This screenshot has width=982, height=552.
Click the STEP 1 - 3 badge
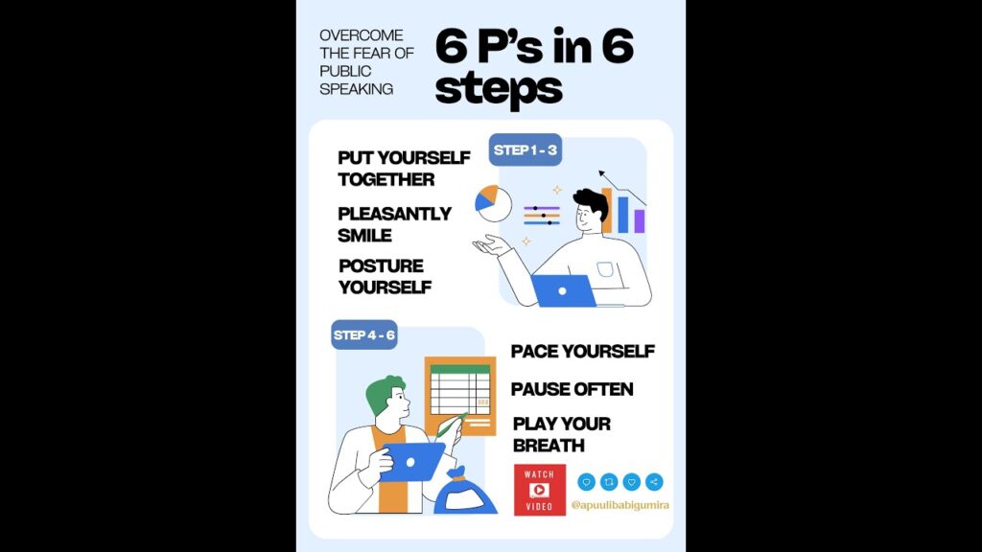(x=525, y=150)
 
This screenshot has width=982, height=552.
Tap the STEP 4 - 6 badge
(x=363, y=334)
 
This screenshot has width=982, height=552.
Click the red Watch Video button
(x=539, y=490)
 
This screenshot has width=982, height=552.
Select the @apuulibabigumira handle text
(x=620, y=505)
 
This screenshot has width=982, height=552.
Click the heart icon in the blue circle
(x=631, y=482)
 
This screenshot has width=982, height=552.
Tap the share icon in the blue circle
(x=654, y=482)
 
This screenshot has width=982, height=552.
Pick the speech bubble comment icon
(x=586, y=482)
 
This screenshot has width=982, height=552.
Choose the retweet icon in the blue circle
(x=609, y=482)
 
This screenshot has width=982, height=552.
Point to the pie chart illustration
(x=493, y=203)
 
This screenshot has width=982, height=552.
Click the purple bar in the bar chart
(x=639, y=221)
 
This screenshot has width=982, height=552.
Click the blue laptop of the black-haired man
(x=563, y=290)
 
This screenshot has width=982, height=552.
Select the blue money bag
(x=464, y=493)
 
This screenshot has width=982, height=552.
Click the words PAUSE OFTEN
(x=572, y=389)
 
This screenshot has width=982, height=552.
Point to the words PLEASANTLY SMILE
(x=394, y=224)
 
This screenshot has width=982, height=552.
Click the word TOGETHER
(x=386, y=179)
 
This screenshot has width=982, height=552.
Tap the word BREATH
(x=549, y=446)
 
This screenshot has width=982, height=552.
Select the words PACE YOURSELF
(x=583, y=352)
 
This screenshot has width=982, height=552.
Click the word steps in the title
(x=499, y=89)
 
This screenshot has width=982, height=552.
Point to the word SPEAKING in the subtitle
(x=357, y=89)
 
